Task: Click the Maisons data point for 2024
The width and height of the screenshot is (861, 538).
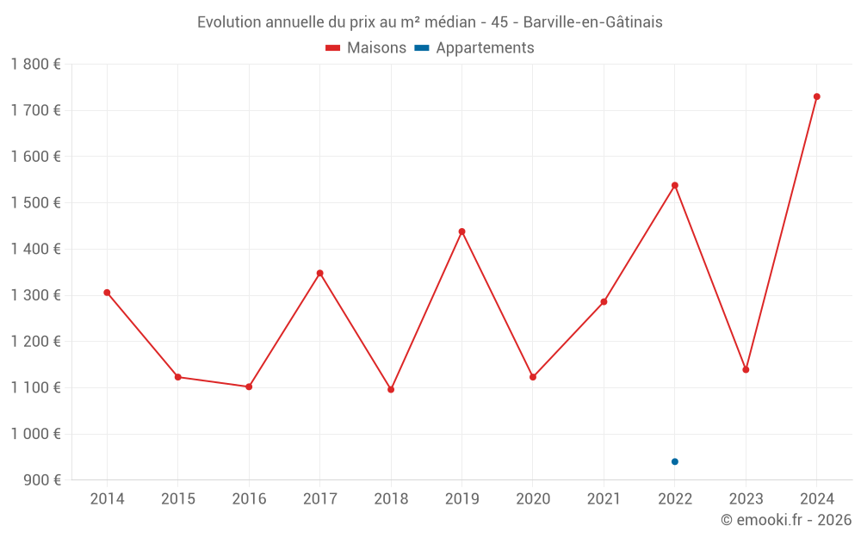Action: [x=817, y=96]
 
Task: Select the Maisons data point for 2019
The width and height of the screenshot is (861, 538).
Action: [x=461, y=232]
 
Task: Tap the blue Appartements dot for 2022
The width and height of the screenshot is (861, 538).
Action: [x=675, y=461]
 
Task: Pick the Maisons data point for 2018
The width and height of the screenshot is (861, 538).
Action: [x=391, y=389]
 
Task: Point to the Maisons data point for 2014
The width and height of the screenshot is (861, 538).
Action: [x=107, y=293]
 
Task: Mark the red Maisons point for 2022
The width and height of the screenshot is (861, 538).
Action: [x=675, y=185]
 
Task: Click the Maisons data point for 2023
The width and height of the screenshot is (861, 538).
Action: [x=746, y=369]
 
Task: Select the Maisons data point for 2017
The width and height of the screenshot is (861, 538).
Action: [x=319, y=273]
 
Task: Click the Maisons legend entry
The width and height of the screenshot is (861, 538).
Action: [x=366, y=48]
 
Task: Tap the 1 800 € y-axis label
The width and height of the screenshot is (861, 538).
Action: [x=35, y=65]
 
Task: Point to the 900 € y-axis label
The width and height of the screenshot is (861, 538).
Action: [x=41, y=480]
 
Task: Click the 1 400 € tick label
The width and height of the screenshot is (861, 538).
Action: [x=35, y=249]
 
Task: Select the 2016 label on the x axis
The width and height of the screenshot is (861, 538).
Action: [x=249, y=499]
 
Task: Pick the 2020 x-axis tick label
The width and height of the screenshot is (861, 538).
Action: [x=533, y=499]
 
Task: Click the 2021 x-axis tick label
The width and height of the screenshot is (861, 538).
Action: [x=604, y=499]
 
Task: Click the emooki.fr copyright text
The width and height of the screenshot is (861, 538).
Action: [x=786, y=520]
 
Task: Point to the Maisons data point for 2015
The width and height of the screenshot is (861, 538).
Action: [x=177, y=377]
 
